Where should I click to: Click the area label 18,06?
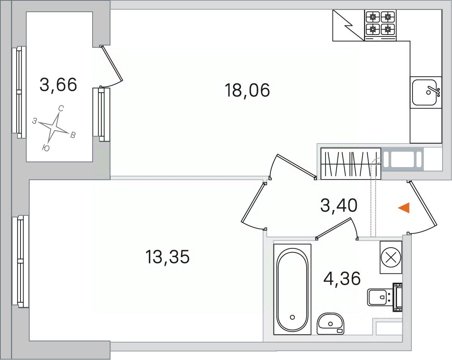coord(247,90)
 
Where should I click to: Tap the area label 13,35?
coord(167,257)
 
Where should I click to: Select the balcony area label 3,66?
coord(58,85)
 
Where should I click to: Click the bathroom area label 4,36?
coord(342,278)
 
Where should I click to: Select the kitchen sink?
coord(426,92)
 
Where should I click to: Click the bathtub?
coord(292,289)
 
